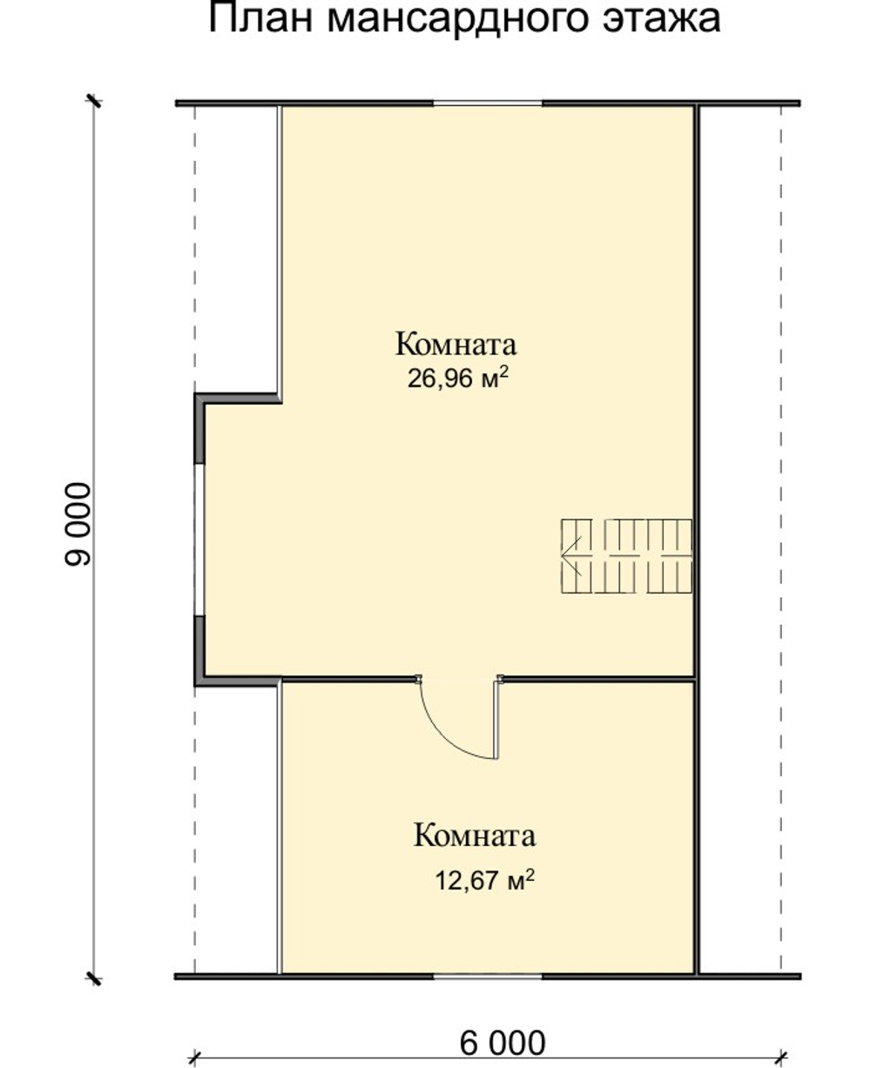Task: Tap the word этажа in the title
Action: pyautogui.click(x=661, y=20)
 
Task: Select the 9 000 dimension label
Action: pyautogui.click(x=78, y=525)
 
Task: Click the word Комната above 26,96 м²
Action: pyautogui.click(x=456, y=345)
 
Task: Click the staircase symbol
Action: pyautogui.click(x=626, y=556)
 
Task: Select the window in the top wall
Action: pyautogui.click(x=488, y=104)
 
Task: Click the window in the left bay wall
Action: pyautogui.click(x=199, y=540)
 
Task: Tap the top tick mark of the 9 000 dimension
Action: pyautogui.click(x=93, y=100)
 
